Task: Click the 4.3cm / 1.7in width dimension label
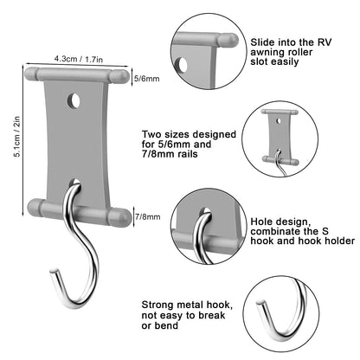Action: pyautogui.click(x=79, y=59)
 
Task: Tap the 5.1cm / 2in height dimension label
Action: pyautogui.click(x=17, y=137)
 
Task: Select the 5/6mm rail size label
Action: pyautogui.click(x=147, y=79)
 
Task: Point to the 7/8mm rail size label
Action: pyautogui.click(x=147, y=216)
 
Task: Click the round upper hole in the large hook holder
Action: pyautogui.click(x=74, y=100)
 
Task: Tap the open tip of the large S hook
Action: pyautogui.click(x=54, y=272)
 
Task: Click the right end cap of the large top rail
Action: pyautogui.click(x=119, y=76)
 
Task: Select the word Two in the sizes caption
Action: pyautogui.click(x=151, y=134)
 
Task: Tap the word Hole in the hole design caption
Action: pyautogui.click(x=262, y=222)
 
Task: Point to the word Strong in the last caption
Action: pyautogui.click(x=157, y=305)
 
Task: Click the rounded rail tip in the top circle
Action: pyautogui.click(x=228, y=41)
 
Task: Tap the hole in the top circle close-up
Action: pyautogui.click(x=182, y=65)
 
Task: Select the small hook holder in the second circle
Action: pyautogui.click(x=280, y=137)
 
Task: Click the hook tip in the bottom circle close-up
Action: pyautogui.click(x=260, y=302)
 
